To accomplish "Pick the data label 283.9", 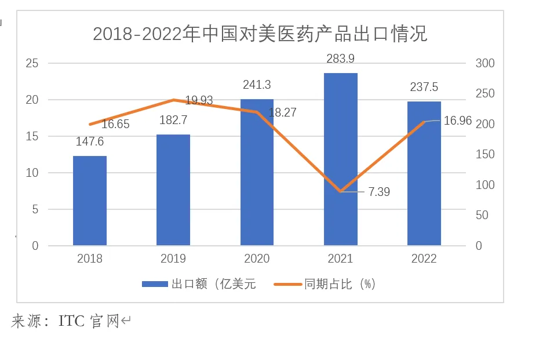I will pos(341,59).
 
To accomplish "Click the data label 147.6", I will pos(90,141).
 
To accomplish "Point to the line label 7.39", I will pos(379,192).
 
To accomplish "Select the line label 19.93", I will pos(199,101).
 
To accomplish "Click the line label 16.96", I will pos(458,121).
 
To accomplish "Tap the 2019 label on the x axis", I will pos(173,259).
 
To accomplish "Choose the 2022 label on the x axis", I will pos(424,259).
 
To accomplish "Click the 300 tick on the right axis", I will pos(485,63).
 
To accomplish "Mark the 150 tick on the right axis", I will pos(485,155).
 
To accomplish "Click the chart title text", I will pos(260,34).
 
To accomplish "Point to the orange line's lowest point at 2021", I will pos(341,191).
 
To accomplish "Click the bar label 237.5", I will pos(424,87).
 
